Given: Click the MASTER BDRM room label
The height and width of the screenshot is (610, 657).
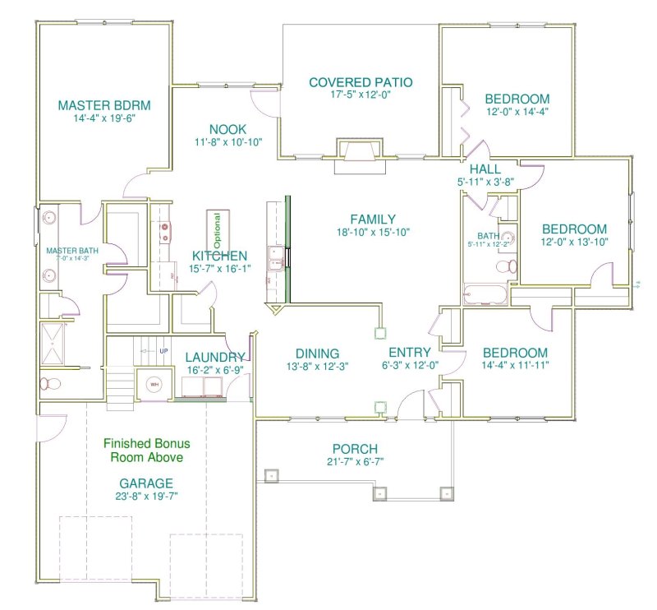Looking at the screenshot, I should pyautogui.click(x=103, y=105).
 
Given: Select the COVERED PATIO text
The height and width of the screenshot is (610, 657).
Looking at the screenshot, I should pyautogui.click(x=361, y=82).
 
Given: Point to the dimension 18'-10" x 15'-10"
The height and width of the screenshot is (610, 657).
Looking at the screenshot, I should pyautogui.click(x=373, y=233).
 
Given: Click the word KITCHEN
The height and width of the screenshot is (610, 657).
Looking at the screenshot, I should pyautogui.click(x=220, y=256).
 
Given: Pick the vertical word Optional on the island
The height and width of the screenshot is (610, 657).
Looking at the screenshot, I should pyautogui.click(x=218, y=229).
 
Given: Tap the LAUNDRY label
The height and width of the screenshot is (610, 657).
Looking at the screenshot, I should pyautogui.click(x=214, y=357).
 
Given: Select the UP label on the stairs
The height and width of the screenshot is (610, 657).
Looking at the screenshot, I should pyautogui.click(x=163, y=352).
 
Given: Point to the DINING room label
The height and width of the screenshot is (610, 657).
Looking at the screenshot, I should pyautogui.click(x=318, y=354).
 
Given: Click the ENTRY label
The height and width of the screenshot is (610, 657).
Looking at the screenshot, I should pyautogui.click(x=408, y=354).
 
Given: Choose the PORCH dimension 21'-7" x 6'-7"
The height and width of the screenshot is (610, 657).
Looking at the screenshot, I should pyautogui.click(x=355, y=461).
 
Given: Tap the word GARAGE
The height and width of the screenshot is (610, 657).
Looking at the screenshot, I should pyautogui.click(x=145, y=483).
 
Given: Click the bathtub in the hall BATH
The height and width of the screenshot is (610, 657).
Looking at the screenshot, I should pyautogui.click(x=485, y=293).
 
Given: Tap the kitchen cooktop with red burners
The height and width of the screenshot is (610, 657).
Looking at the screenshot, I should pyautogui.click(x=165, y=231).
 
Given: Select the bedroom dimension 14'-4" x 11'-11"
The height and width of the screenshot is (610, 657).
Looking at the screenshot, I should pyautogui.click(x=516, y=364).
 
